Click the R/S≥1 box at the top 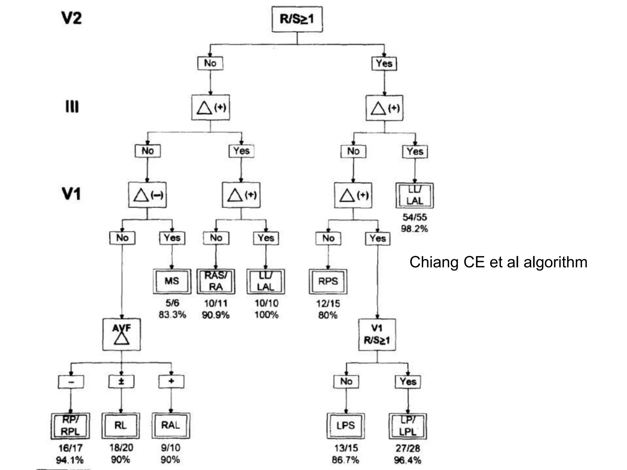(297, 19)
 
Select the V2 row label (72, 18)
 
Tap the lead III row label (72, 107)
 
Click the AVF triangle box (122, 335)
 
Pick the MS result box (172, 281)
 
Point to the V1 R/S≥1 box (377, 334)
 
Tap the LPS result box (346, 426)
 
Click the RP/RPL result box (70, 426)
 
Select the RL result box (121, 425)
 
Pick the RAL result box (171, 425)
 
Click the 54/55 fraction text (415, 217)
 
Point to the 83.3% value (172, 315)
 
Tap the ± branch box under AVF (121, 381)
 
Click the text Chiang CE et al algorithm (498, 262)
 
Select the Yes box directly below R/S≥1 (384, 64)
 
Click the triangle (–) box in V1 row (147, 195)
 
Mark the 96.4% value (407, 460)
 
